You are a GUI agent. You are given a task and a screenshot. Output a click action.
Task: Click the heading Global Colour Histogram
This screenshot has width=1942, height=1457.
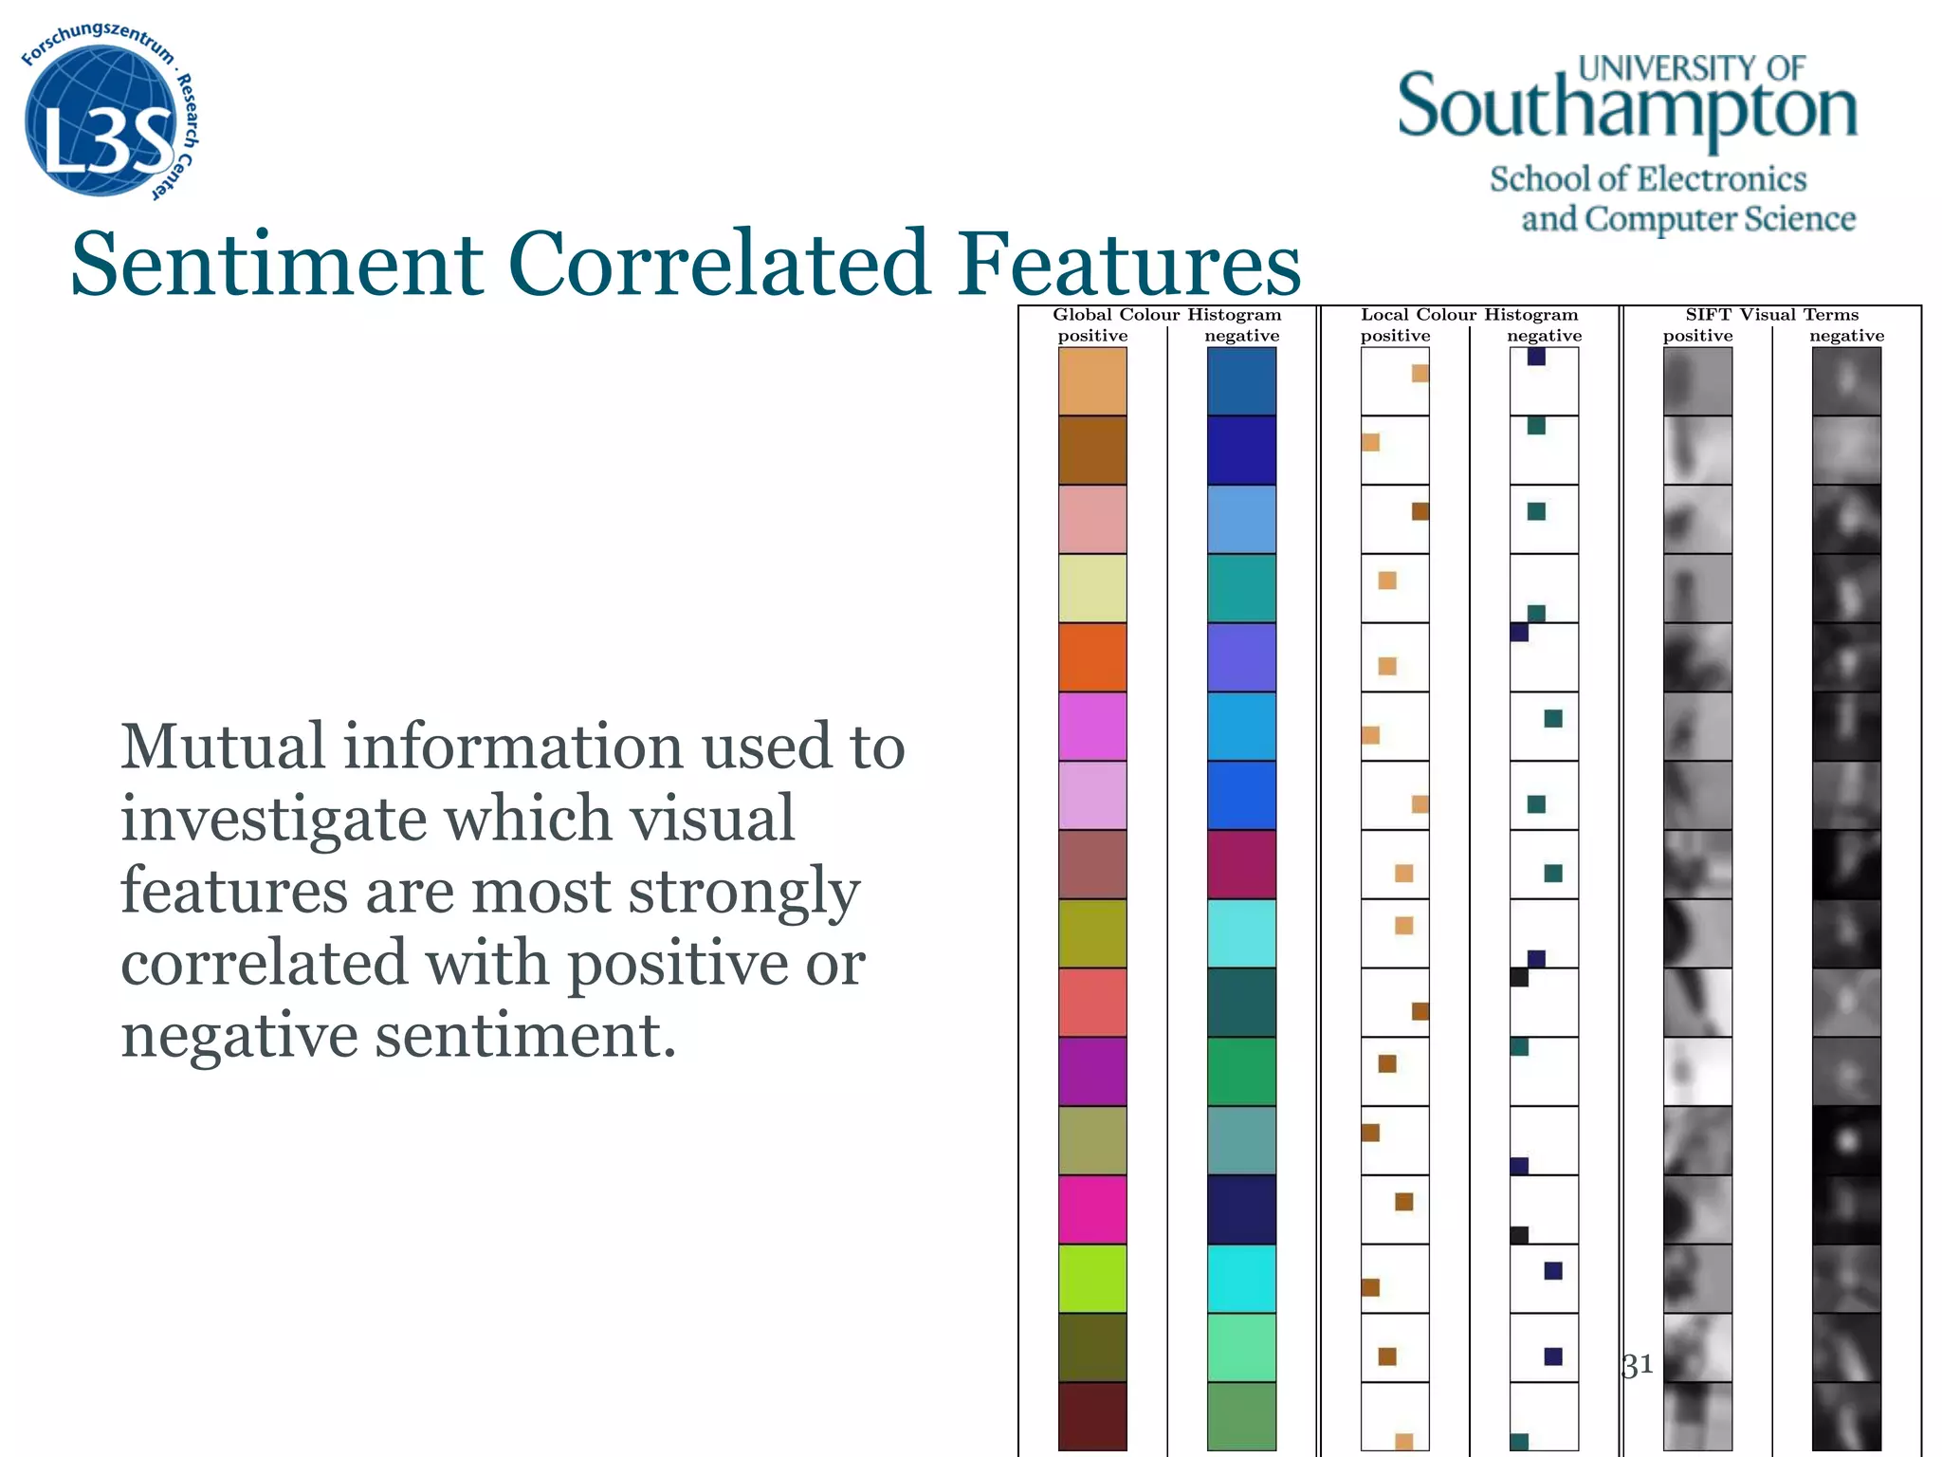pyautogui.click(x=1166, y=315)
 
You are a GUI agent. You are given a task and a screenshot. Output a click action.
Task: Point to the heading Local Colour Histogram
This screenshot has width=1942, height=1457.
pyautogui.click(x=1469, y=315)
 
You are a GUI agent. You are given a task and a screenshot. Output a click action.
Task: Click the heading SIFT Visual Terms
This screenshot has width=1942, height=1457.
pyautogui.click(x=1771, y=315)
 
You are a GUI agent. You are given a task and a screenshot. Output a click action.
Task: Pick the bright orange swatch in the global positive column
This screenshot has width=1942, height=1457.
pyautogui.click(x=1092, y=657)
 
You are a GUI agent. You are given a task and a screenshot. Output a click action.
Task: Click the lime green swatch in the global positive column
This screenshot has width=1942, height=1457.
pyautogui.click(x=1092, y=1279)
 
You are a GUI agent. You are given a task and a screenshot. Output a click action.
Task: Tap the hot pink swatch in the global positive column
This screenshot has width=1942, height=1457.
pyautogui.click(x=1092, y=1209)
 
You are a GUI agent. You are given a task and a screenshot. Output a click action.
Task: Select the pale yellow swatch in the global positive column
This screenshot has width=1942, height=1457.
pyautogui.click(x=1092, y=588)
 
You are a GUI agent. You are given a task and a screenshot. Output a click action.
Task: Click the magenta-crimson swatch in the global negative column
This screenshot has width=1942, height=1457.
pyautogui.click(x=1241, y=864)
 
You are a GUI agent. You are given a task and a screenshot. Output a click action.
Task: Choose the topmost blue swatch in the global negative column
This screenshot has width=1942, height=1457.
pyautogui.click(x=1241, y=381)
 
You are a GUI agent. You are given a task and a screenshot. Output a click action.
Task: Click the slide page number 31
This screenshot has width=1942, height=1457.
pyautogui.click(x=1638, y=1366)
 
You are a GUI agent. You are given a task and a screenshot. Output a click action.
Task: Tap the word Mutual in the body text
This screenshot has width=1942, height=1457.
pyautogui.click(x=223, y=747)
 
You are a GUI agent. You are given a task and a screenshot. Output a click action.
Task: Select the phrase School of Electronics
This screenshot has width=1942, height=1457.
pyautogui.click(x=1648, y=178)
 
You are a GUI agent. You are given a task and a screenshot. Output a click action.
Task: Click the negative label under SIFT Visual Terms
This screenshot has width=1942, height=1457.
pyautogui.click(x=1846, y=336)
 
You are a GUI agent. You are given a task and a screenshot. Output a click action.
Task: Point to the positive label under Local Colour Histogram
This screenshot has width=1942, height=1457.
pyautogui.click(x=1395, y=336)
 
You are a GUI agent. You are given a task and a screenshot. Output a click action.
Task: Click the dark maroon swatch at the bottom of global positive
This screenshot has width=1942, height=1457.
pyautogui.click(x=1092, y=1416)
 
